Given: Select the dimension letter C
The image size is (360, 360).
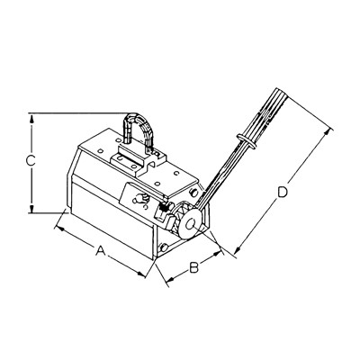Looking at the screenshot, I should pyautogui.click(x=30, y=162).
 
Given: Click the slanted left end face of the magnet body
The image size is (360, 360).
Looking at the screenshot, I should pyautogui.click(x=70, y=184).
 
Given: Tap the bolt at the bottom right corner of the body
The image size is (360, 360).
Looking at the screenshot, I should pyautogui.click(x=163, y=249).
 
